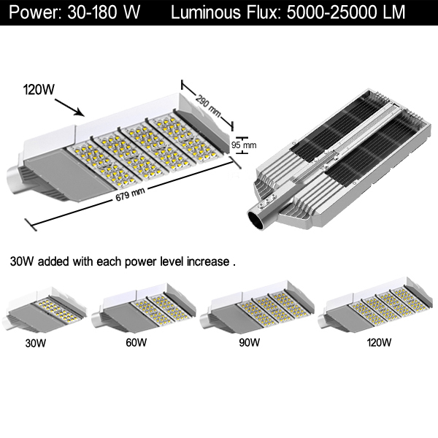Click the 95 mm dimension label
(245, 145)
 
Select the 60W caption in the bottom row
(136, 342)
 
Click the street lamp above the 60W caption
(146, 311)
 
